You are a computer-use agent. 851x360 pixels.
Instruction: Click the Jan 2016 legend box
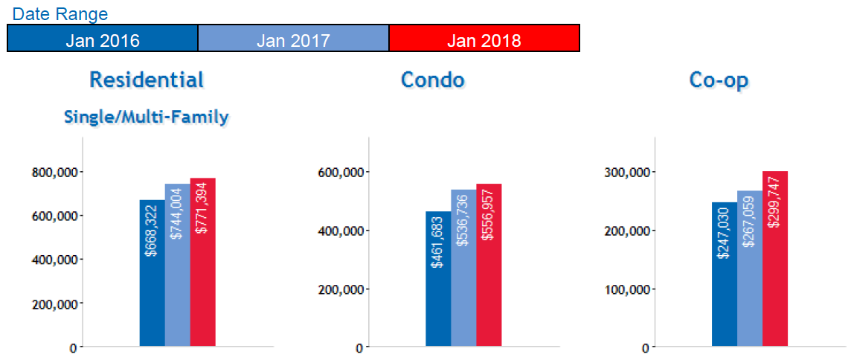click(x=103, y=39)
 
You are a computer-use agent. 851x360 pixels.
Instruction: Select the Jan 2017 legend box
click(x=293, y=39)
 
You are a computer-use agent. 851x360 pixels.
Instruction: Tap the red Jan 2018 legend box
click(x=484, y=39)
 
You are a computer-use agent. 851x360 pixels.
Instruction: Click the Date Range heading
click(x=60, y=14)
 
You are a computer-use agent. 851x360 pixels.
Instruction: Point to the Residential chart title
click(x=147, y=80)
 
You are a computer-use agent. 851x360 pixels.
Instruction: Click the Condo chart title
click(x=433, y=80)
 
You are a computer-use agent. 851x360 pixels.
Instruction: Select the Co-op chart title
click(x=718, y=80)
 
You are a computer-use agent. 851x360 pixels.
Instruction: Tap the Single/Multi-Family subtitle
click(x=147, y=117)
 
